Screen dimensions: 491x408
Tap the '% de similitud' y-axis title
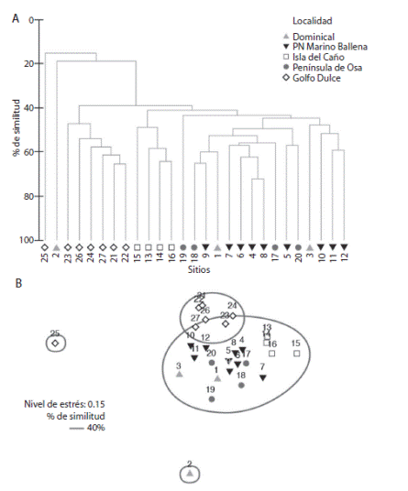[x=16, y=129]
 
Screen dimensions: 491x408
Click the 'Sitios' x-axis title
[x=197, y=270]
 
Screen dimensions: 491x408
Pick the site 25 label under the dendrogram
[x=44, y=259]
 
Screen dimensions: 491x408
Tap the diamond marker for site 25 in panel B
[x=55, y=344]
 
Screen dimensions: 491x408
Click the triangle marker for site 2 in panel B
[x=189, y=475]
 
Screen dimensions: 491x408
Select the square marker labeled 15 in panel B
[x=295, y=353]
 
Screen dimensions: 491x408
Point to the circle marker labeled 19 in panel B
[x=211, y=399]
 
